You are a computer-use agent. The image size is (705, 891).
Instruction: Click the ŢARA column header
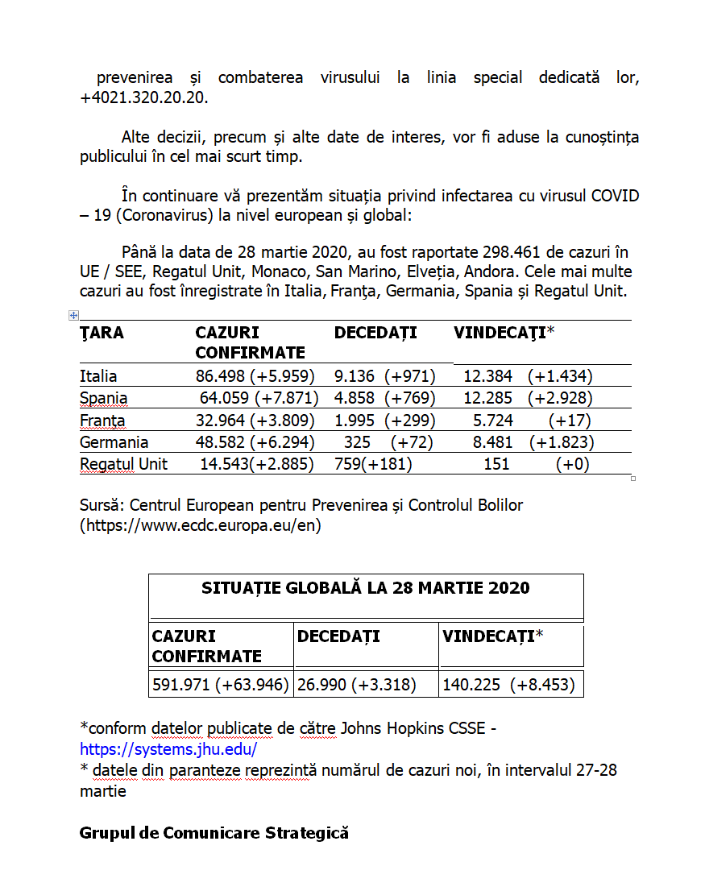click(102, 333)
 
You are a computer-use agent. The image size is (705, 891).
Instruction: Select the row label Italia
click(98, 376)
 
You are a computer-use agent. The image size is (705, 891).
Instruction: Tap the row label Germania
click(114, 442)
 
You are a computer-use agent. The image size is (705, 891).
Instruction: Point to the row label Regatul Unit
click(123, 464)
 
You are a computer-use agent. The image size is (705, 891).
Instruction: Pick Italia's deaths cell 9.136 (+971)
click(384, 376)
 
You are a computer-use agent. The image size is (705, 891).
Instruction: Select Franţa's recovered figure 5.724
click(493, 421)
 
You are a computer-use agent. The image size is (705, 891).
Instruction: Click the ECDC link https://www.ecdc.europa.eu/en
click(201, 525)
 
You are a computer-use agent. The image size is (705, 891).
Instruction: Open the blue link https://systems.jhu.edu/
click(168, 749)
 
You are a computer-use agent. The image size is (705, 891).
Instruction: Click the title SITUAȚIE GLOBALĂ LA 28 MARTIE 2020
click(366, 588)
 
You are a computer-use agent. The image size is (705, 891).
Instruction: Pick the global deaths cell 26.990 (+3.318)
click(356, 685)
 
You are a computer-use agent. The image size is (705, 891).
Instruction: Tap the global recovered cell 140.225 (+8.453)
click(508, 685)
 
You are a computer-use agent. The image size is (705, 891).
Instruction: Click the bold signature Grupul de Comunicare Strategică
click(214, 833)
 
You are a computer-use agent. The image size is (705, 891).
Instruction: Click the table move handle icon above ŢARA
click(73, 316)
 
